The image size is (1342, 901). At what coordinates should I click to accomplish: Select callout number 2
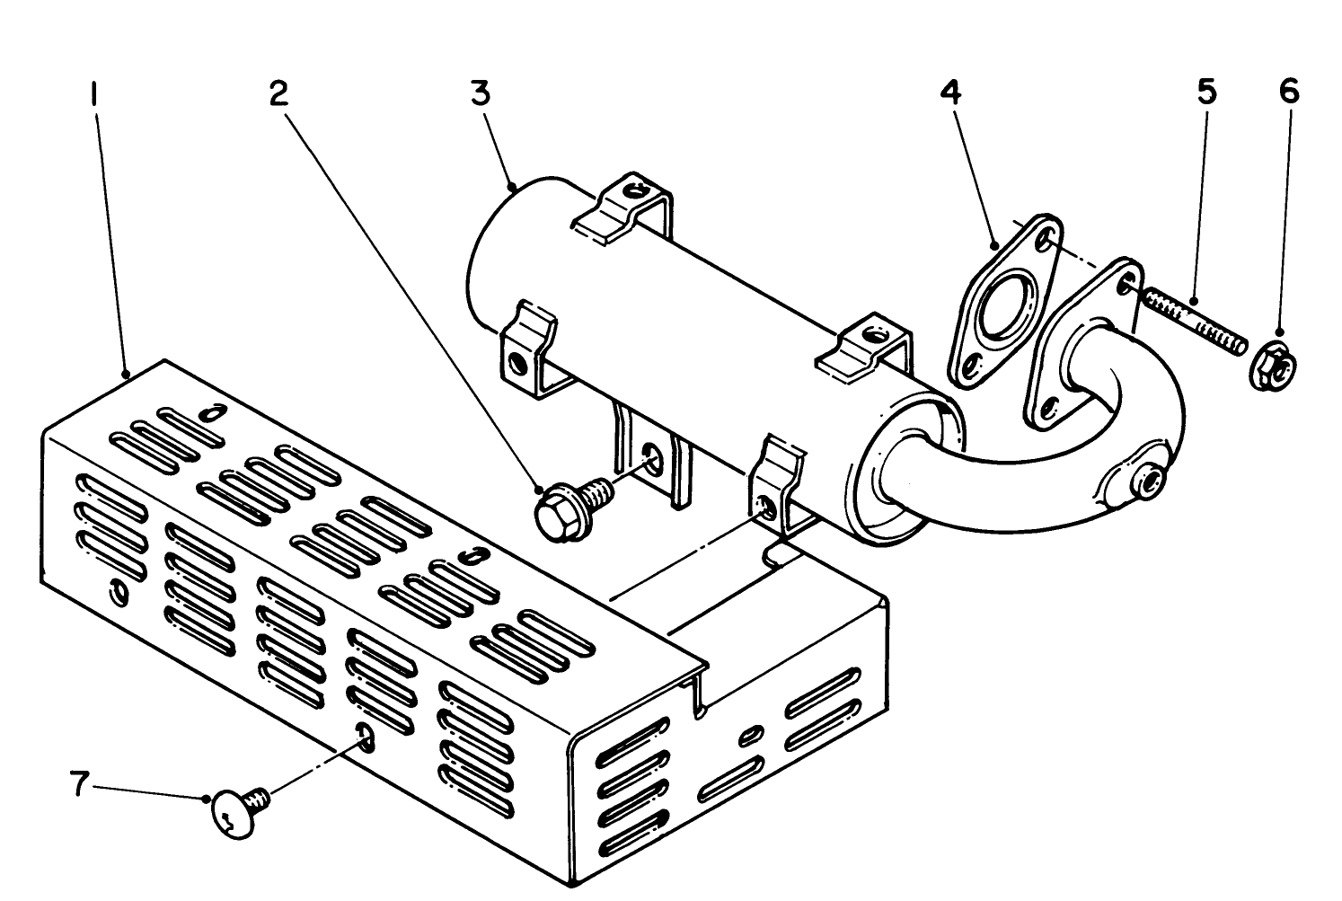[280, 93]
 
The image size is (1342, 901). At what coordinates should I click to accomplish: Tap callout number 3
[481, 93]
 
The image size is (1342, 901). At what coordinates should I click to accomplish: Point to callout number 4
[950, 93]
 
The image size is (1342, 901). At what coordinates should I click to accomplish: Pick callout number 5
[1206, 93]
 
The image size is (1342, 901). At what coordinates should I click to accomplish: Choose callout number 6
[1289, 93]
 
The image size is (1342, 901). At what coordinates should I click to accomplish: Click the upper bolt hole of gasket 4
[1044, 241]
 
